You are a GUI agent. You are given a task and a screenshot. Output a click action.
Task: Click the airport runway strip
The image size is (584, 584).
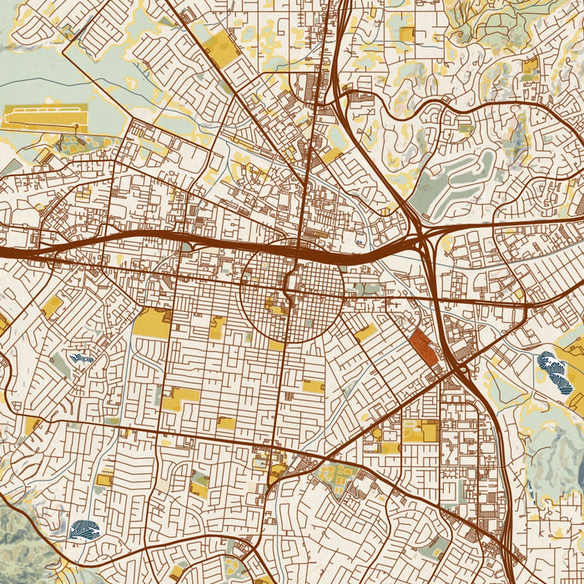click(x=45, y=118)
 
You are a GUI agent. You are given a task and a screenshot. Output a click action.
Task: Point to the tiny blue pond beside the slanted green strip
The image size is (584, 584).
click(x=81, y=358)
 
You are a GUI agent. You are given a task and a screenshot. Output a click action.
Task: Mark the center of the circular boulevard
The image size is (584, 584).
click(x=291, y=292)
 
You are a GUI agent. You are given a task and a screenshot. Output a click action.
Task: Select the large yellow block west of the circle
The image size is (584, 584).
click(x=152, y=322)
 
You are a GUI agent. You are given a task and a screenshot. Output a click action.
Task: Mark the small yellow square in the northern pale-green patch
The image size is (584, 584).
click(x=406, y=33)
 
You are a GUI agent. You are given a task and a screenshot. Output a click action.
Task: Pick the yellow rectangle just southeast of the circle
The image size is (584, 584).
click(x=365, y=333)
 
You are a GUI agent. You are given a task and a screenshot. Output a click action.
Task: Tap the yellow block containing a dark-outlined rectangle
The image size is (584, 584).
click(x=420, y=430)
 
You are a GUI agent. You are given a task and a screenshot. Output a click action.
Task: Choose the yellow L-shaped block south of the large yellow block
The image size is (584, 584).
click(x=179, y=399)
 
